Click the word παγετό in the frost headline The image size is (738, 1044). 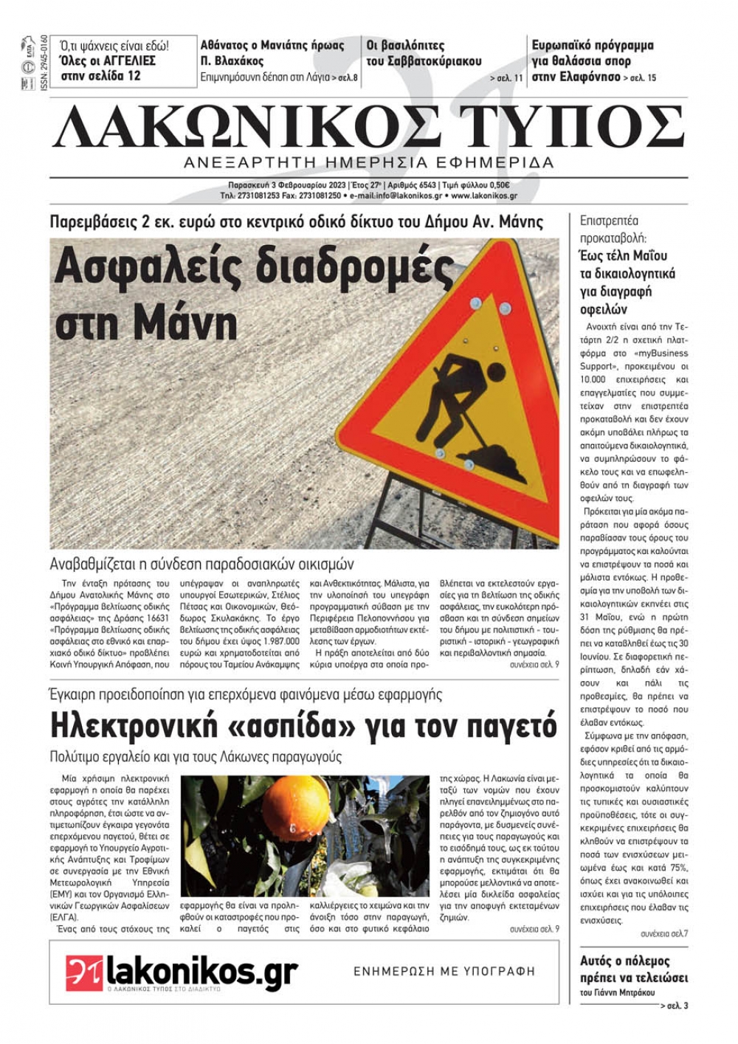(506, 725)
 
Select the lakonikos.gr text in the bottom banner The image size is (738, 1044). (202, 971)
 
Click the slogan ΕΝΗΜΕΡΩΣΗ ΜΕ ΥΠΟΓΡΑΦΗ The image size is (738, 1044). (444, 972)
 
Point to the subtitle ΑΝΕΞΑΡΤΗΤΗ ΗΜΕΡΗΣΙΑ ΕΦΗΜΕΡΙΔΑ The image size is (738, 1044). (369, 162)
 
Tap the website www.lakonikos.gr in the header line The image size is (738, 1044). (484, 196)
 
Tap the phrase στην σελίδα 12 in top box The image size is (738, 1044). (100, 75)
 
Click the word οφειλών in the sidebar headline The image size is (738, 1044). (604, 309)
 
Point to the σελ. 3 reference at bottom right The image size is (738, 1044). (675, 1006)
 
